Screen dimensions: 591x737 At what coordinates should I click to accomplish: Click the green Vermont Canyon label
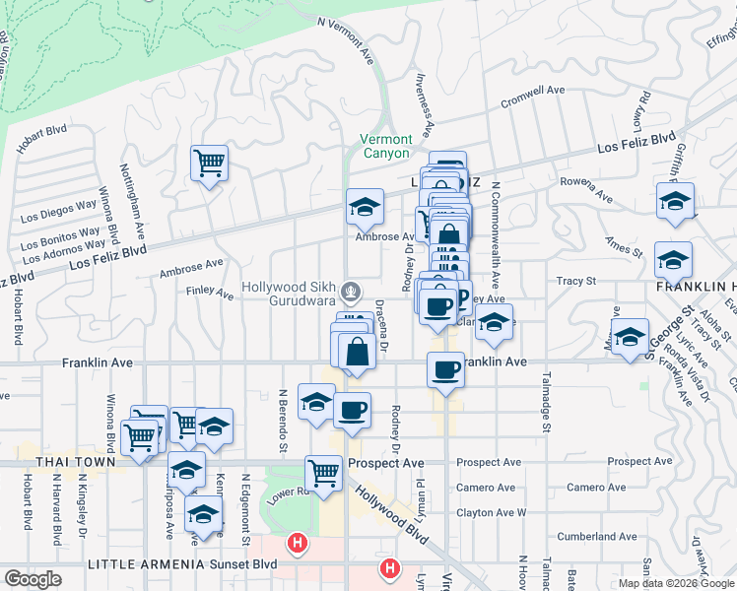click(385, 146)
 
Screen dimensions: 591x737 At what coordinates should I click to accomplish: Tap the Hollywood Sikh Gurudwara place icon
click(351, 292)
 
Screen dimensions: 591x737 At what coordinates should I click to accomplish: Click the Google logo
click(33, 579)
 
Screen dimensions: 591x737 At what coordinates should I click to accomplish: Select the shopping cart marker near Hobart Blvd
click(209, 163)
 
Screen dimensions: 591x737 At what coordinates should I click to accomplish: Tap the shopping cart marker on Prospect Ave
click(323, 473)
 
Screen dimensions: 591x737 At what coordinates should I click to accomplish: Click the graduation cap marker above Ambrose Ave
click(365, 207)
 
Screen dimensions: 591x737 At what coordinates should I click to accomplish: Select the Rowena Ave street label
click(585, 193)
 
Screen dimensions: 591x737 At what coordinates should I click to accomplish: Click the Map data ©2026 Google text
click(676, 583)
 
